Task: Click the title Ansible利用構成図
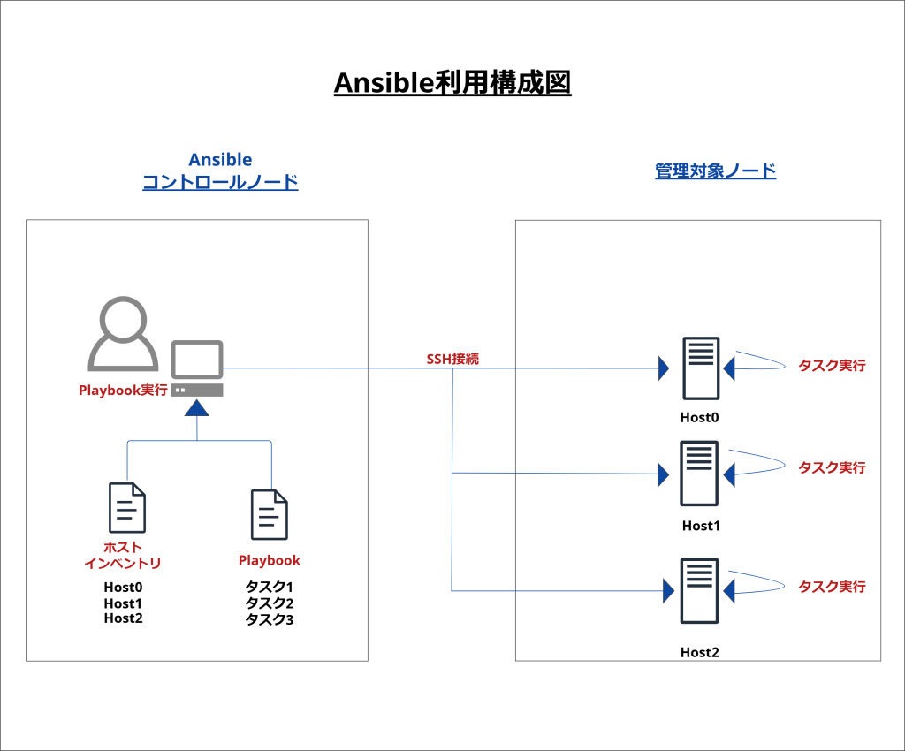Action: [452, 83]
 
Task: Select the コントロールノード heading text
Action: [220, 183]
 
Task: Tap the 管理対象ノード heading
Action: [715, 171]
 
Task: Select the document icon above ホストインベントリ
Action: [126, 508]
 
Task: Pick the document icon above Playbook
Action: [270, 514]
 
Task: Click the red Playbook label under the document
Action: [270, 560]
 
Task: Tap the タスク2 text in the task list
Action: [270, 603]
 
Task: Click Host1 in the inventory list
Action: [123, 603]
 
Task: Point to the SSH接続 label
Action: [452, 359]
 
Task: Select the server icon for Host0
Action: [700, 368]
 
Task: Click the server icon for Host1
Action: [699, 474]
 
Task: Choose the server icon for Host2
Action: [699, 591]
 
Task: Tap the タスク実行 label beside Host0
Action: [832, 365]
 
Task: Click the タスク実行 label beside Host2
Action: [832, 586]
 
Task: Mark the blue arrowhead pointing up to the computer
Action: [197, 407]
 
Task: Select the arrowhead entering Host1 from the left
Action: [663, 474]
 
